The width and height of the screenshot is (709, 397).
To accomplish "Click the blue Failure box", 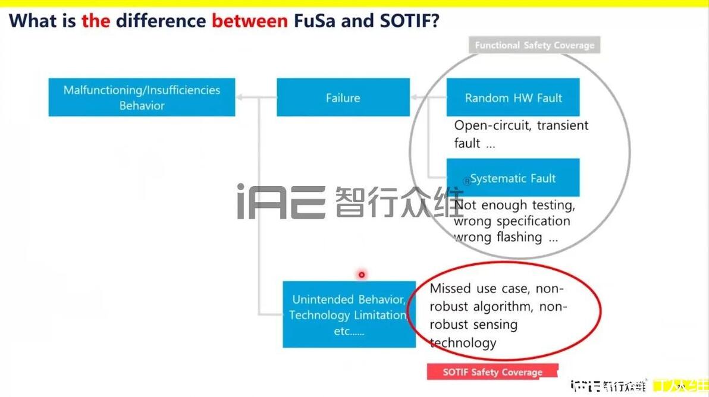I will tap(343, 97).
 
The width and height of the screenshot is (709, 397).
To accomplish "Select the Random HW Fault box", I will tap(513, 97).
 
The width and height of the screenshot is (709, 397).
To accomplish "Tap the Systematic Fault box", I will tap(513, 178).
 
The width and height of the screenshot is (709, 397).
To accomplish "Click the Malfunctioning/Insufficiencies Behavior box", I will tap(142, 97).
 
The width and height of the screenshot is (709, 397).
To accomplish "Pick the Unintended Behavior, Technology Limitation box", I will tap(349, 314).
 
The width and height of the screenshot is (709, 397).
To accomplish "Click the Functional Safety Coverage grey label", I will tap(534, 45).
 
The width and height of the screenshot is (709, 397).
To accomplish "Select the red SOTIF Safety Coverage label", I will tap(492, 372).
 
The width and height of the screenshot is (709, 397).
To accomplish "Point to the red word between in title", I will tap(250, 21).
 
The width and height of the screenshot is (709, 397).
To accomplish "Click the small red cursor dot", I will tap(361, 275).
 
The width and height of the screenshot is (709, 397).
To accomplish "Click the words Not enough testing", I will tap(514, 206).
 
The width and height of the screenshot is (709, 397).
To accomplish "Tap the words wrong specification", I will tap(512, 221).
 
